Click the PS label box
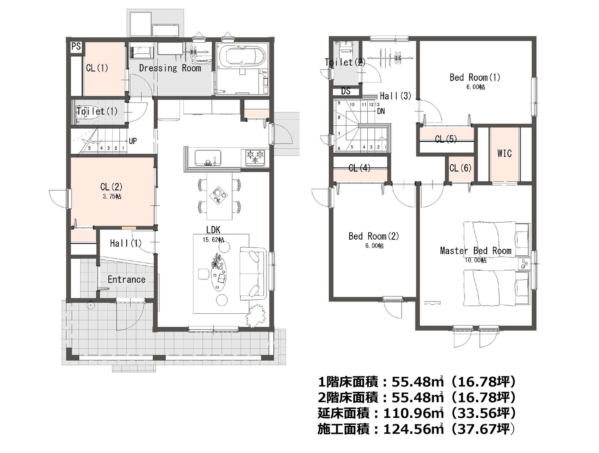click(76, 47)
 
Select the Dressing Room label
click(170, 68)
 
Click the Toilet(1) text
click(97, 111)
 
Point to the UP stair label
click(133, 141)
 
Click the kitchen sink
click(208, 158)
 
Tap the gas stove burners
click(256, 157)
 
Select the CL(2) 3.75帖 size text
click(112, 196)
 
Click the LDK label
click(213, 230)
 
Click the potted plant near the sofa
click(256, 316)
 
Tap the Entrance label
click(127, 279)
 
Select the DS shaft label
click(346, 91)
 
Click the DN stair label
click(381, 111)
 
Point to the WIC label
click(504, 154)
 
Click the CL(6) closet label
click(460, 168)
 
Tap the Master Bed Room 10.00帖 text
click(476, 260)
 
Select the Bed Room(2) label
click(374, 236)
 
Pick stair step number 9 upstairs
click(339, 103)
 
